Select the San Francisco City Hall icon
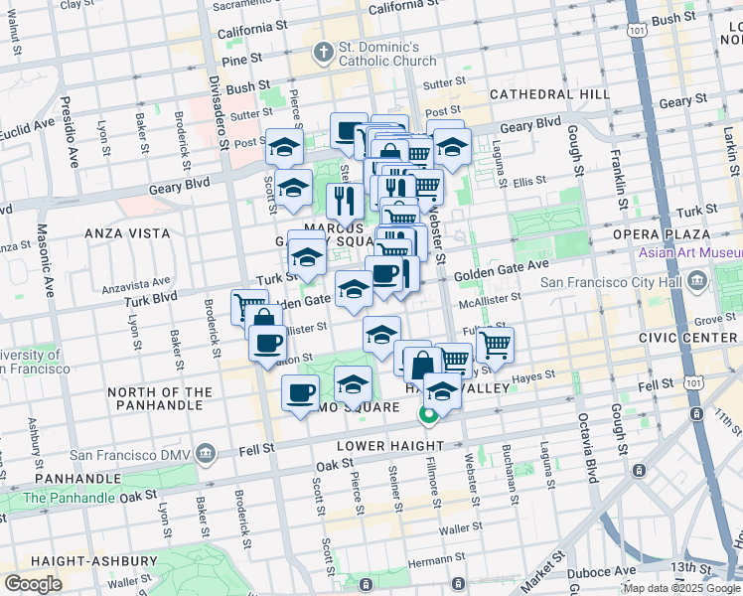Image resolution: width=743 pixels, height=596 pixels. tap(697, 282)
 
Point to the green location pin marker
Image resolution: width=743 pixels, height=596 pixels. tap(429, 415)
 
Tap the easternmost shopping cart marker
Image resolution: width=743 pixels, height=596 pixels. tap(494, 346)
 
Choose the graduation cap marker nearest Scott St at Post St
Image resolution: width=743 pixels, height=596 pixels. tap(284, 146)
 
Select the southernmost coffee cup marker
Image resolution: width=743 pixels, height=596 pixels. tap(301, 393)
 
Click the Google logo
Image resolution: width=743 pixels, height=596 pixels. tap(33, 584)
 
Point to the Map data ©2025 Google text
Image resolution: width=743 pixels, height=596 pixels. tap(680, 588)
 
